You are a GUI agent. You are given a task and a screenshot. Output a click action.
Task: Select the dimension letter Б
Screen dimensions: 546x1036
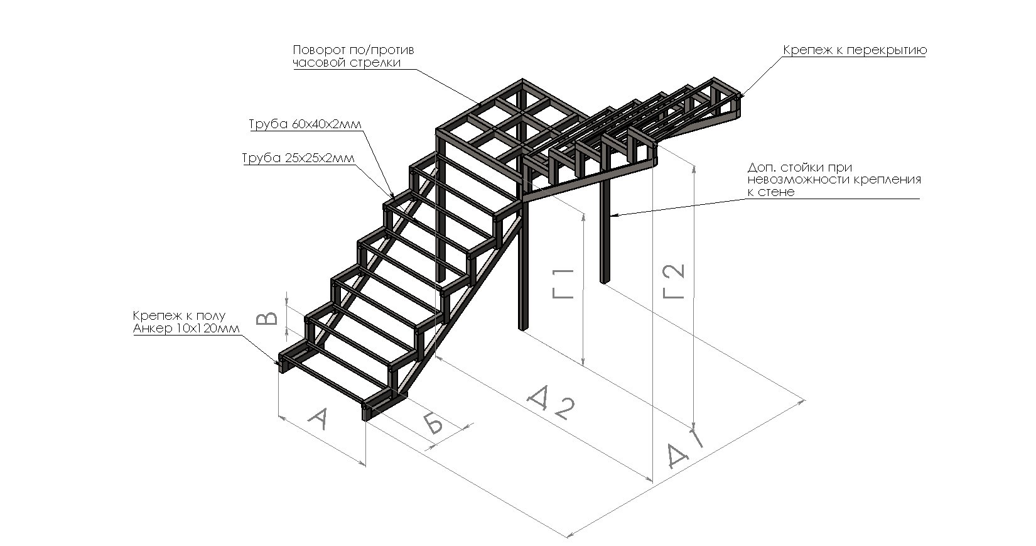433,423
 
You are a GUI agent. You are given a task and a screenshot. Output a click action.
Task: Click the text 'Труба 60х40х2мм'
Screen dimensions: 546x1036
306,124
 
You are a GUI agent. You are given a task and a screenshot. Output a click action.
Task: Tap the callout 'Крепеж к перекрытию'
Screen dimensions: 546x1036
855,50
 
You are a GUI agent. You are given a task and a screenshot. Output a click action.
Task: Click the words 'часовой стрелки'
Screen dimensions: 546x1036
347,63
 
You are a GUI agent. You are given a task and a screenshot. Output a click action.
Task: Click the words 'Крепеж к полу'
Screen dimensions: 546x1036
179,315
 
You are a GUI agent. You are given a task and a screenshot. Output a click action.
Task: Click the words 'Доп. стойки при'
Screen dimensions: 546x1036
799,168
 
